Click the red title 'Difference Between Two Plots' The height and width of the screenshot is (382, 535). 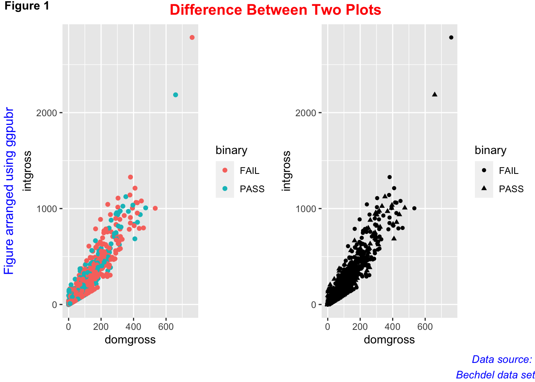click(275, 10)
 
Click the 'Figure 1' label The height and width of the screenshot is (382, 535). click(27, 6)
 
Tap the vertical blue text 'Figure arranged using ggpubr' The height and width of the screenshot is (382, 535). click(9, 191)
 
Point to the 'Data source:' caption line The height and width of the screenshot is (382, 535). click(502, 359)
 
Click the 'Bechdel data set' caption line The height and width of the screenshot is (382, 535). click(495, 375)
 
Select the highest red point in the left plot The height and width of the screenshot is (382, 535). click(192, 37)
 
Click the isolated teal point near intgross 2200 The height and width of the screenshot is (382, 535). click(176, 95)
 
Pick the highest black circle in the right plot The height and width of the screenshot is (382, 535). click(451, 37)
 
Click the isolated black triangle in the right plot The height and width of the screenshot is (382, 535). click(435, 94)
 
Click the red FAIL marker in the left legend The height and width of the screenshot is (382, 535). click(225, 170)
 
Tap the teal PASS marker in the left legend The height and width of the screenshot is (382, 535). click(225, 189)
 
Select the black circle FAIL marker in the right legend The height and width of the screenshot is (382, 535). click(484, 170)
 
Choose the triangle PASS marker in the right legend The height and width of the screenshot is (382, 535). click(484, 188)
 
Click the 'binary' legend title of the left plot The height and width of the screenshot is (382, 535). click(231, 150)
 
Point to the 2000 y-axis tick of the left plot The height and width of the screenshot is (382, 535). click(47, 113)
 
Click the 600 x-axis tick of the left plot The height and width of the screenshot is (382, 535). click(166, 327)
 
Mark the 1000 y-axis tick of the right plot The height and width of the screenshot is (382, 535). click(306, 209)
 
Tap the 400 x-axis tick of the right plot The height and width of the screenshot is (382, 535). click(392, 327)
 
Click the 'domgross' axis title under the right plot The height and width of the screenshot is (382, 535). click(389, 339)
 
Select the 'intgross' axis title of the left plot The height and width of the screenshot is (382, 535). click(27, 171)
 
